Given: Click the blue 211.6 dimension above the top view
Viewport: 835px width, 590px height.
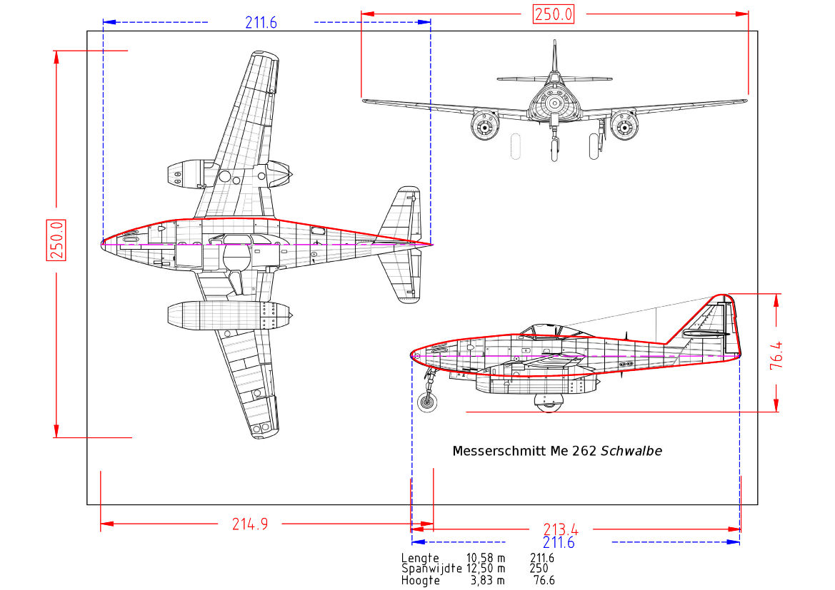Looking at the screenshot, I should coord(261,23).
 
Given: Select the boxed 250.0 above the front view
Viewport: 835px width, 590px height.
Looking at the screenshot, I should coord(554,14).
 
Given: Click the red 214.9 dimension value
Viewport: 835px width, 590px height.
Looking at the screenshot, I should coord(250,524).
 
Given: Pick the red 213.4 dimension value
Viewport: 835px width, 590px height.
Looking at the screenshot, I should coord(561,529).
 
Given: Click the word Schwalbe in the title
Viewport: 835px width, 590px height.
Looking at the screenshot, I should coord(631,451).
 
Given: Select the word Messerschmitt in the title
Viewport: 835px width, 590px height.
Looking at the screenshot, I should coord(499,451).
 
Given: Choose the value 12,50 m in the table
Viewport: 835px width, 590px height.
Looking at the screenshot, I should coord(486,569).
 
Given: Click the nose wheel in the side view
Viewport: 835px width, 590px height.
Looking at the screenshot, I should coord(427,402).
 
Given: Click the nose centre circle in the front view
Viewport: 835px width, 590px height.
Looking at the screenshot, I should coord(554,103).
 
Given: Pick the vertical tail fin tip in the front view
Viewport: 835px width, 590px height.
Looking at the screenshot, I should coord(554,44).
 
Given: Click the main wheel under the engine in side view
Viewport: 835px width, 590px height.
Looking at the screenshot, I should coord(549,402).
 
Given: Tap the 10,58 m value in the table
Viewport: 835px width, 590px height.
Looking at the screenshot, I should coord(486,558).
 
